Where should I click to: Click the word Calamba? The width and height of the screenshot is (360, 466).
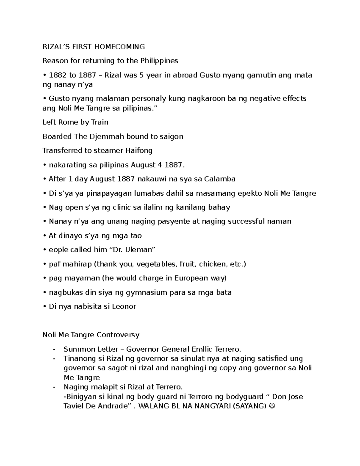(x=220, y=179)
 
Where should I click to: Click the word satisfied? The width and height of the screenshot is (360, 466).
(x=270, y=359)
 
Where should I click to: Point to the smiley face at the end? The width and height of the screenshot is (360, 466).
(x=272, y=406)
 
